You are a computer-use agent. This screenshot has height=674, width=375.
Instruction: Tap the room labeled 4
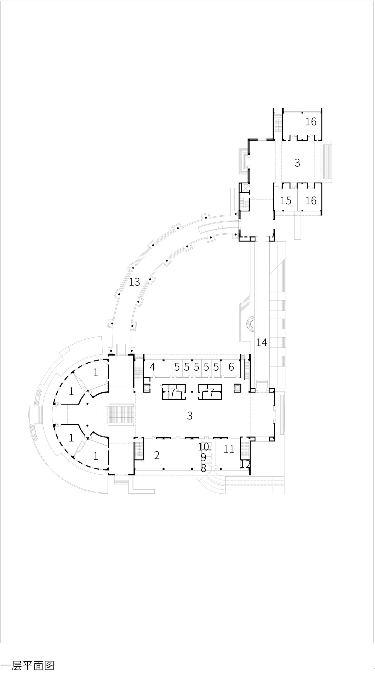152,367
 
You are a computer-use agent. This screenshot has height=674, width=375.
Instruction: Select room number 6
231,367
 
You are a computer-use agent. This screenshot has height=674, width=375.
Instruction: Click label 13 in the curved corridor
134,282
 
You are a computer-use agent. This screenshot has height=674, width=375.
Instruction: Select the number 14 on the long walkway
262,343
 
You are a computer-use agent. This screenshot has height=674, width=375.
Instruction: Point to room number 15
286,201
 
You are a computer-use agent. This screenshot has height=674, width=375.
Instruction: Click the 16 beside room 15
311,201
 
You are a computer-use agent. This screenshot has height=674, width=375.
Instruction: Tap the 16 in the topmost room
311,122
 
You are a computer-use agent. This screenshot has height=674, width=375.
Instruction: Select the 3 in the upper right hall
297,163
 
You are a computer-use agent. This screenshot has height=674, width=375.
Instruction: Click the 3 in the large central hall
190,415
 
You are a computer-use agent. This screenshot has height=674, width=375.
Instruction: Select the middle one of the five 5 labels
196,367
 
